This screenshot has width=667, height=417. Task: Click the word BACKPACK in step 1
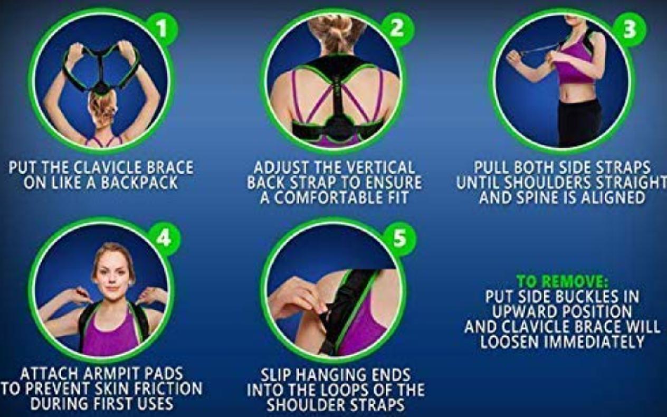pyautogui.click(x=139, y=183)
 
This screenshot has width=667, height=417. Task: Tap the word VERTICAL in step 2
pyautogui.click(x=381, y=167)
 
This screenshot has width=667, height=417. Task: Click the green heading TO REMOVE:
pyautogui.click(x=561, y=281)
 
